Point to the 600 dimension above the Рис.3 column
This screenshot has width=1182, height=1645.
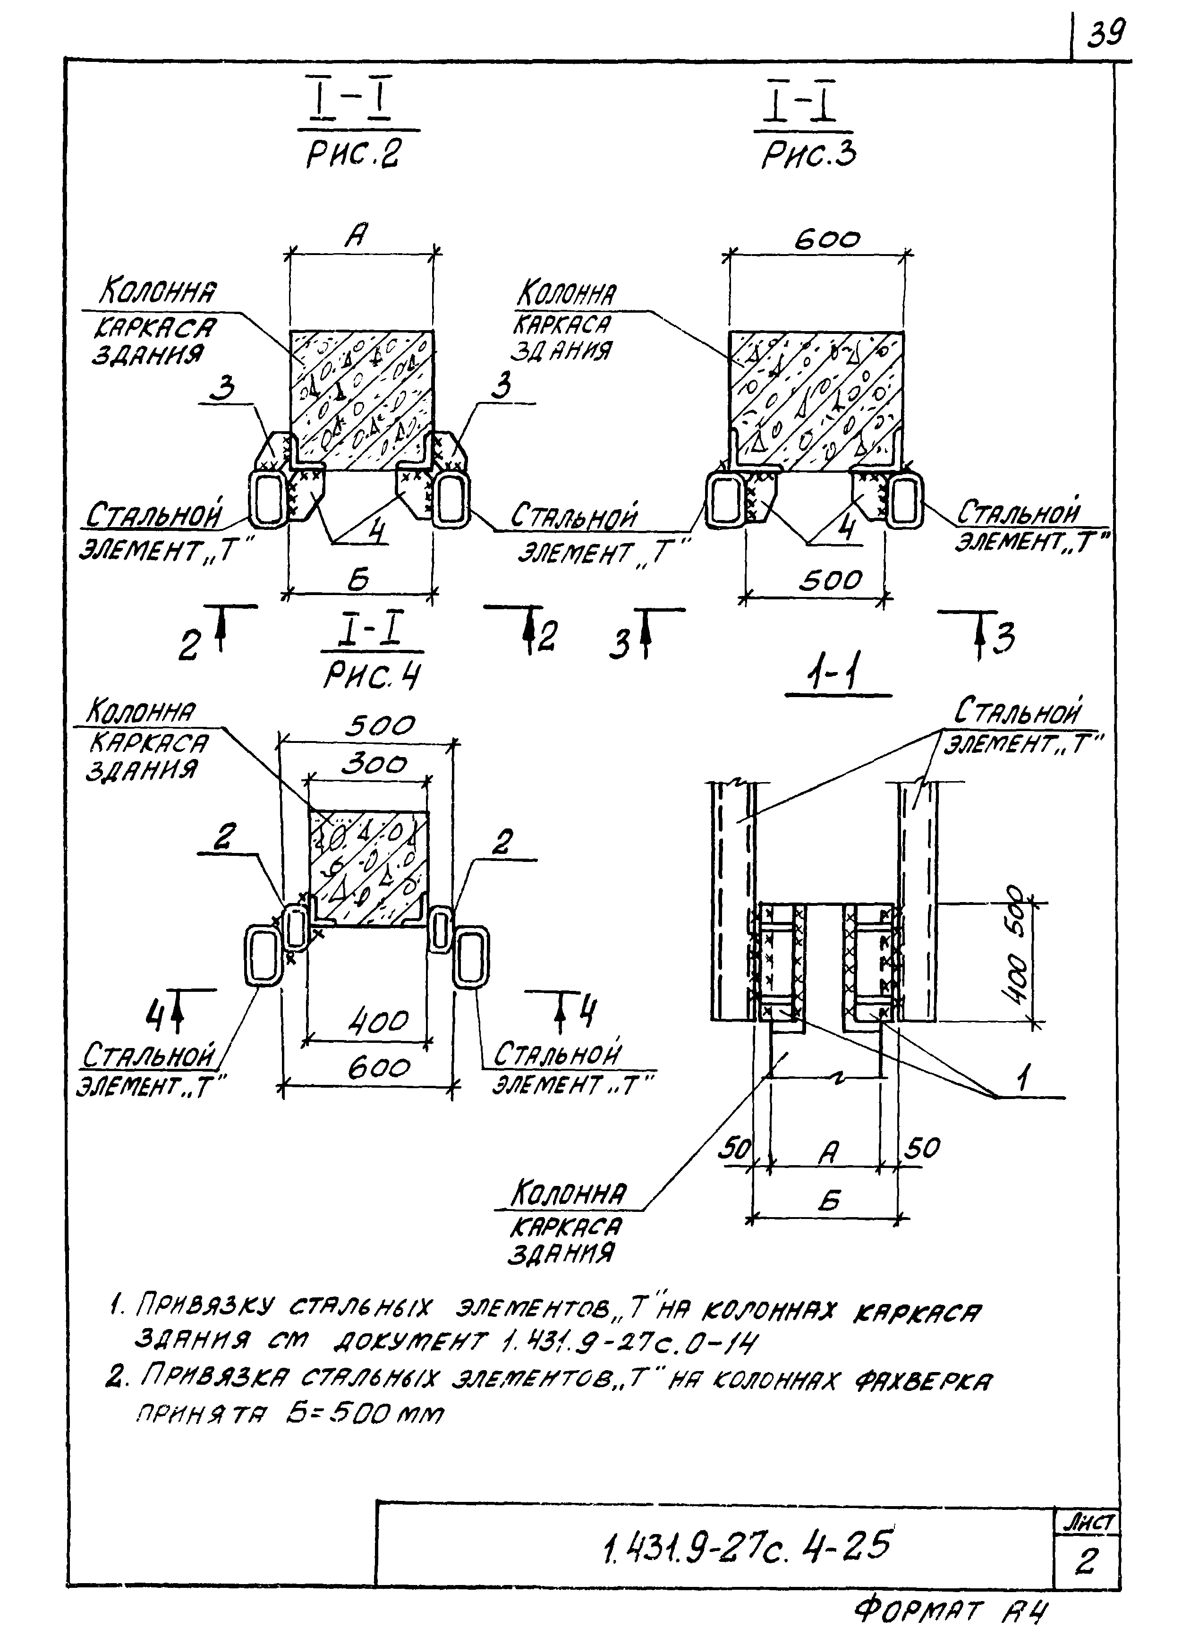(x=827, y=239)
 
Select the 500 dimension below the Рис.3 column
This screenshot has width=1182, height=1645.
(x=830, y=580)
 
